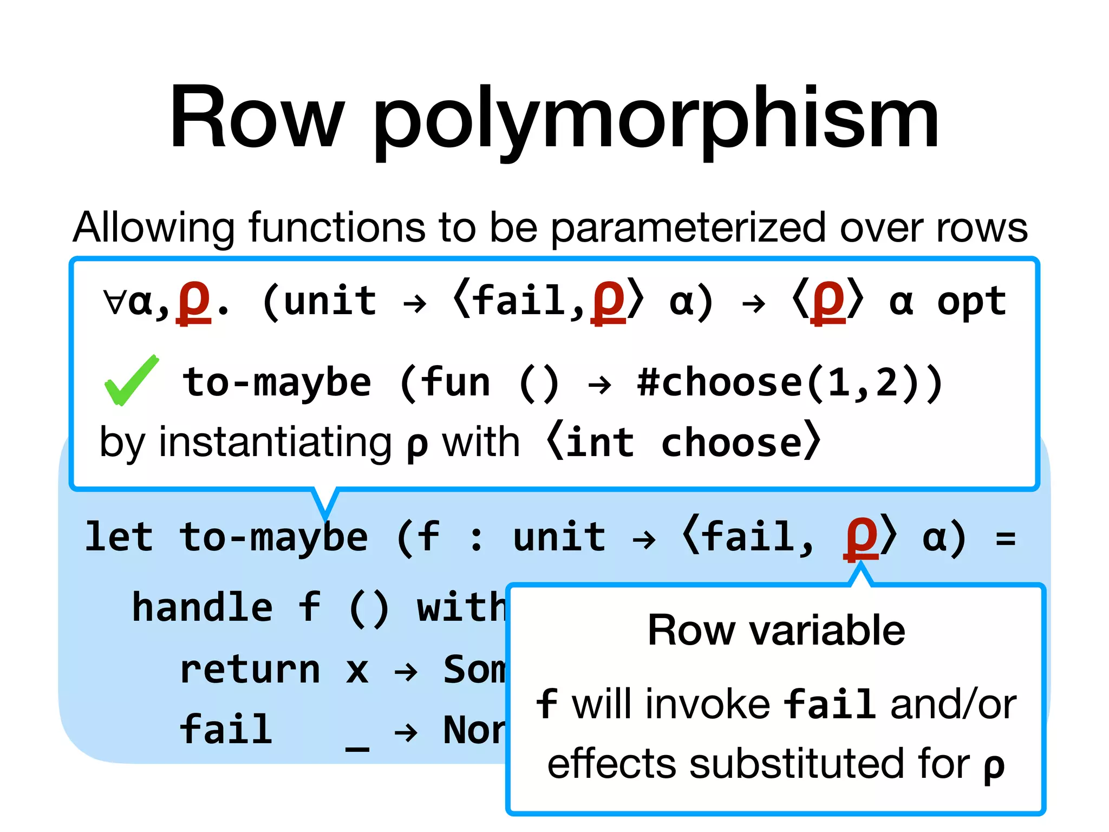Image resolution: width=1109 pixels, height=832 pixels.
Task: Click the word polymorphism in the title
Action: [x=656, y=120]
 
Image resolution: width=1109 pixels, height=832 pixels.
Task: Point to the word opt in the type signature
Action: [x=971, y=302]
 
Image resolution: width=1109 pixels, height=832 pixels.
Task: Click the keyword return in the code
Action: [x=250, y=669]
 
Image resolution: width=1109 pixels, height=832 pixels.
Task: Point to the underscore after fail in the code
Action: [x=357, y=747]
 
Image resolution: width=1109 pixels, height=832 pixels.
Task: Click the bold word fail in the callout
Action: [x=830, y=704]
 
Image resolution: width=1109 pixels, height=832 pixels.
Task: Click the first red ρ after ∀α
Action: [x=194, y=302]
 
